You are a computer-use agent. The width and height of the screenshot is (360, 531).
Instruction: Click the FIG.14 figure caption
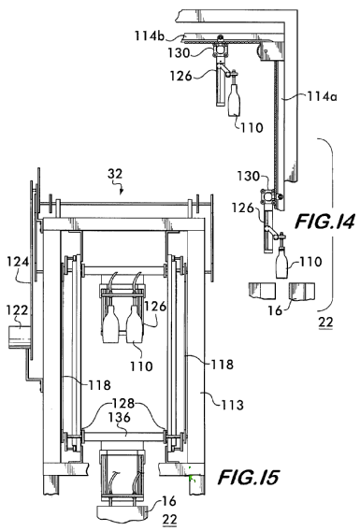pos(325,222)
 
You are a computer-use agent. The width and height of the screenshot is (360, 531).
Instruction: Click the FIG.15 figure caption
pos(249,478)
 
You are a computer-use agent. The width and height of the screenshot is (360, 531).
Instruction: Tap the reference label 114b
pos(150,36)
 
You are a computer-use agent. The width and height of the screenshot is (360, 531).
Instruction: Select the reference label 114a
pos(322,96)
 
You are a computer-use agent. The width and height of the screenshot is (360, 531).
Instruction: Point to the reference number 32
pos(115,174)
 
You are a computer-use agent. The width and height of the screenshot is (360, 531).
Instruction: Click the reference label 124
pos(18,262)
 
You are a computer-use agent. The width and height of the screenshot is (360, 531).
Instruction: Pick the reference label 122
pos(18,310)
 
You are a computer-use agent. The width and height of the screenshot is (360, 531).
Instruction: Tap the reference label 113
pos(233,405)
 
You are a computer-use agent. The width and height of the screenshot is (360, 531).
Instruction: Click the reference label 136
pos(120,417)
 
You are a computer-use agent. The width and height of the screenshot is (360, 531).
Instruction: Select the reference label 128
pos(123,403)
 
